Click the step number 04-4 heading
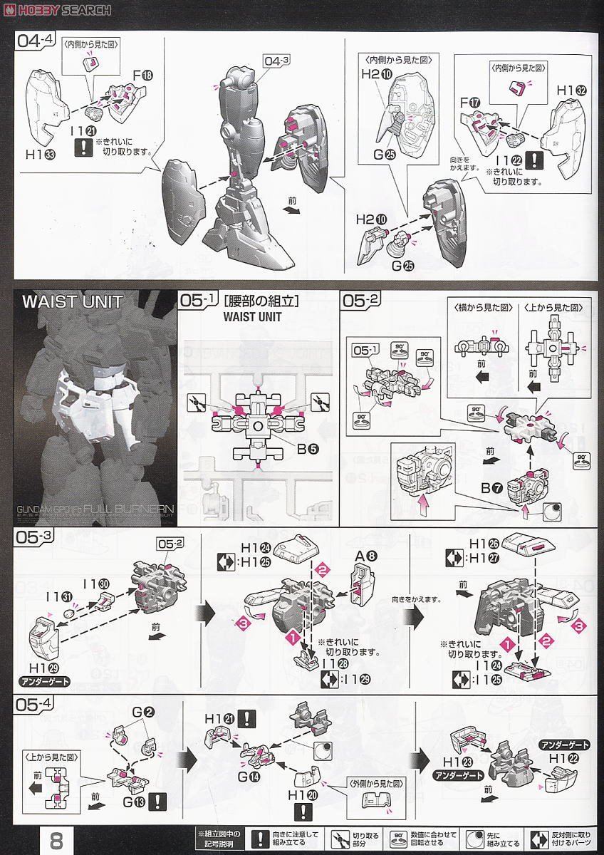pyautogui.click(x=36, y=41)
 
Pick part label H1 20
pyautogui.click(x=303, y=794)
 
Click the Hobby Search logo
pyautogui.click(x=57, y=9)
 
